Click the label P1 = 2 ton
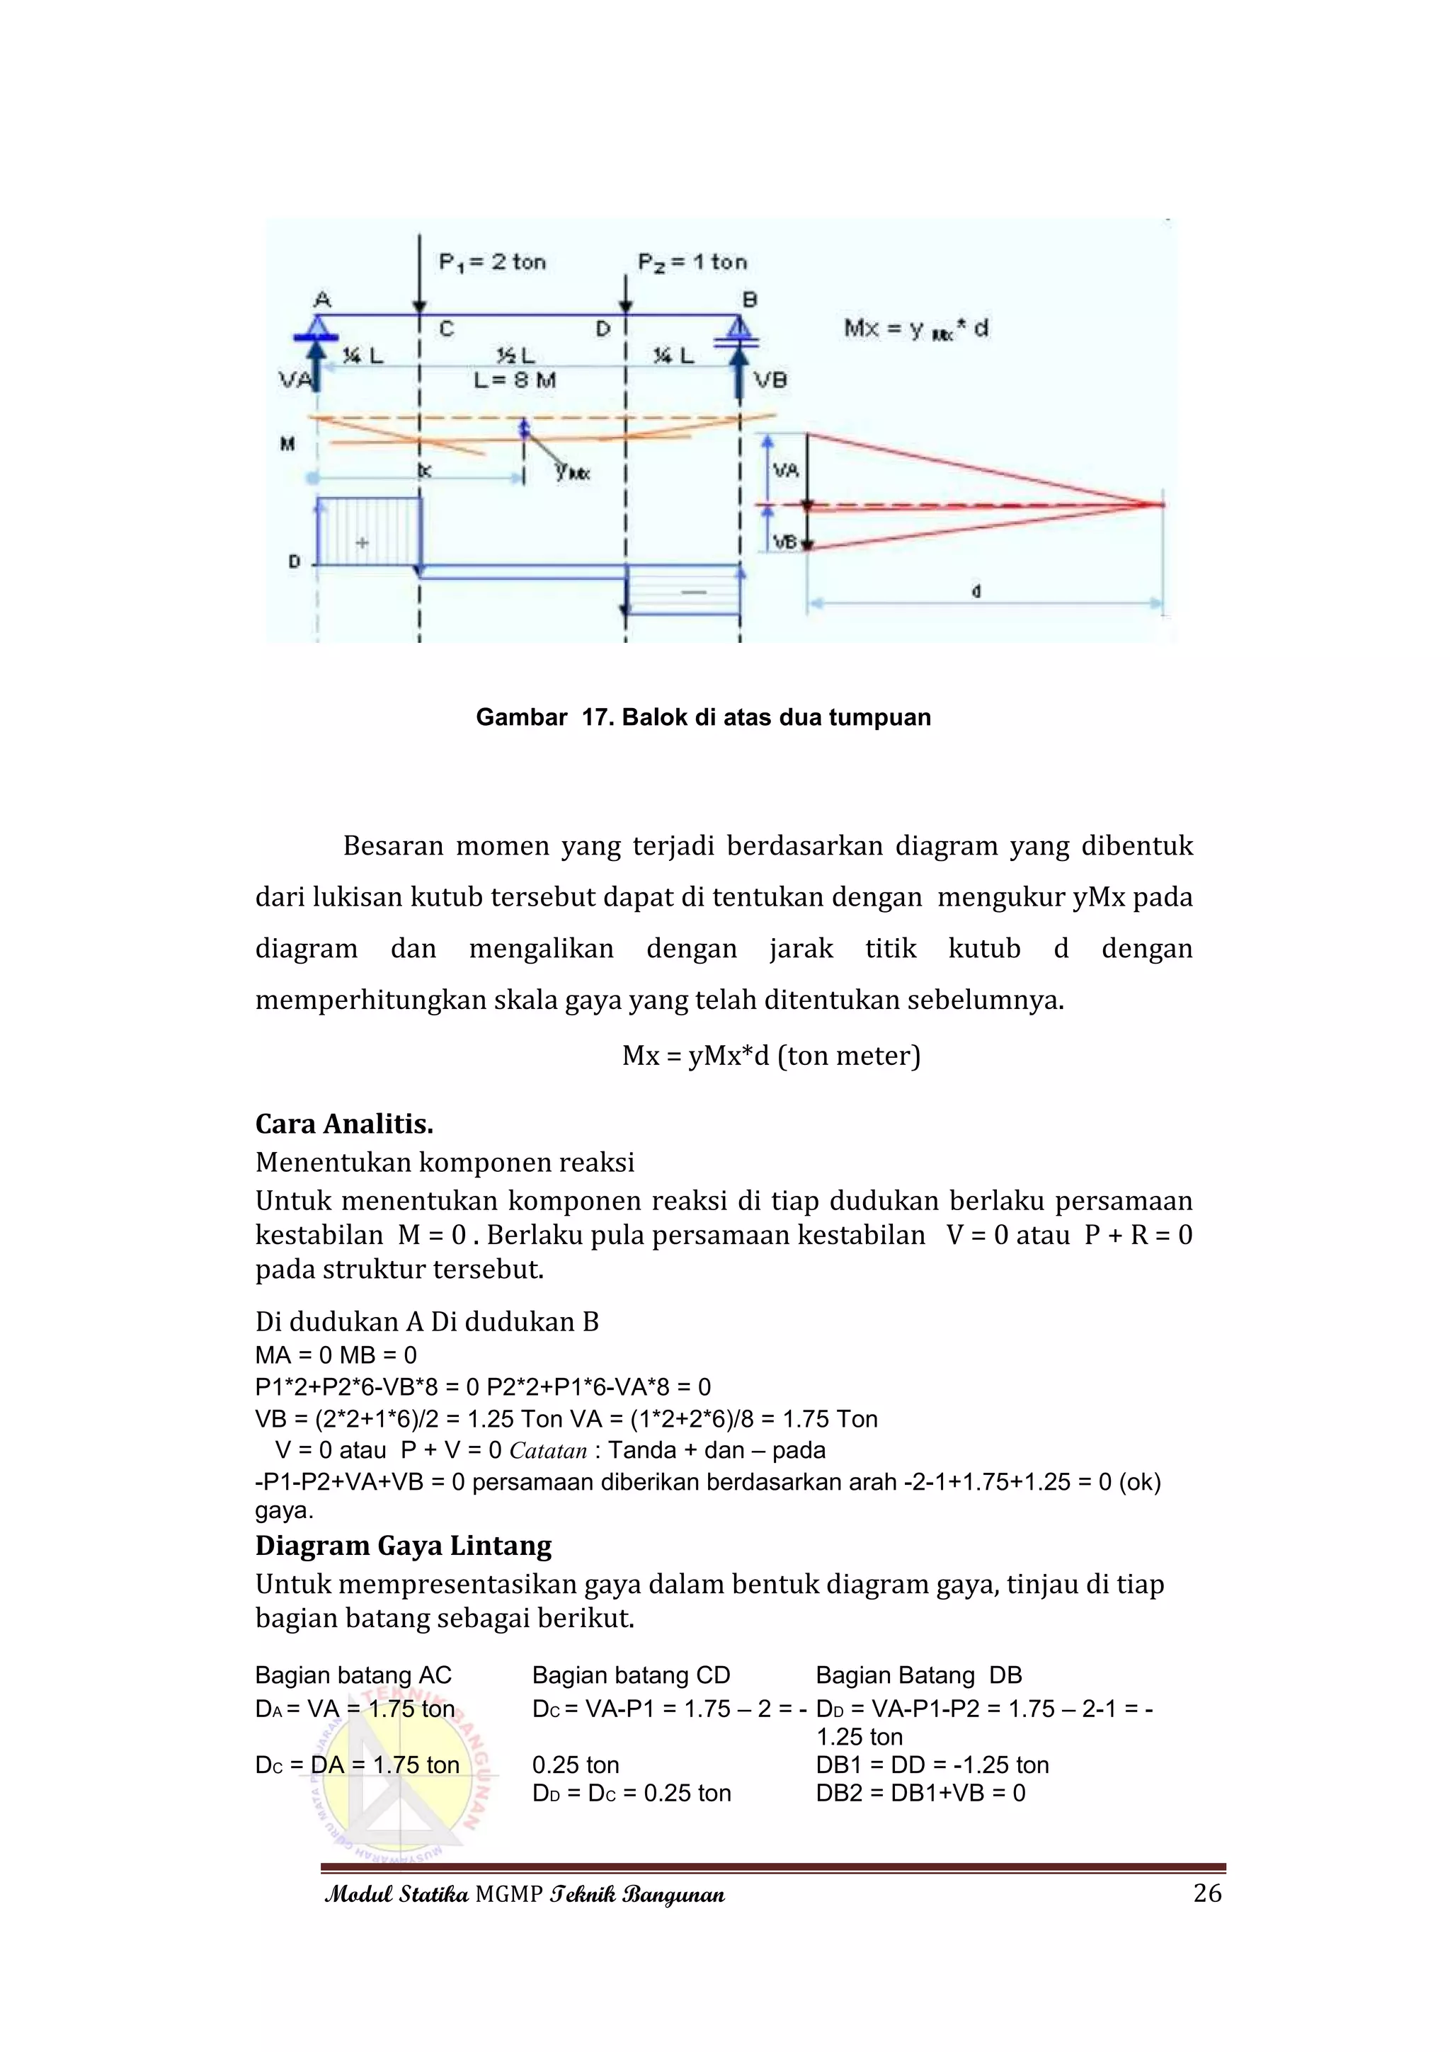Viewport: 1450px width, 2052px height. (x=491, y=262)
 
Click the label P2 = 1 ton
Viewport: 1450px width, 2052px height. (x=692, y=262)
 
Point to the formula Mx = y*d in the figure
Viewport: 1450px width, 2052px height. (x=915, y=329)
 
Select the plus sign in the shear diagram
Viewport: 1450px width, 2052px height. (x=362, y=542)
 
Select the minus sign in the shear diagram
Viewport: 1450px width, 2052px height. (x=694, y=592)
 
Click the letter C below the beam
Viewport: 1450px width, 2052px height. (x=446, y=329)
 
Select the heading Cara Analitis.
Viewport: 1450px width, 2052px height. (x=344, y=1124)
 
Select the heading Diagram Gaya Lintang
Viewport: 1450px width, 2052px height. (x=403, y=1545)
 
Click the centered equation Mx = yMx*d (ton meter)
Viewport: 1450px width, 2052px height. (x=771, y=1056)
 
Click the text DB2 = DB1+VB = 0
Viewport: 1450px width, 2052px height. (x=920, y=1793)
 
